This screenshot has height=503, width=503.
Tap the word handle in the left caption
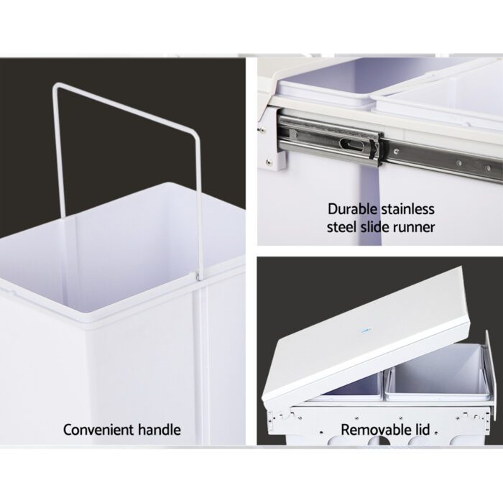(x=158, y=430)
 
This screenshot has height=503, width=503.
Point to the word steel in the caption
(x=343, y=227)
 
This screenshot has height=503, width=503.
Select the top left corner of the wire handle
(x=55, y=86)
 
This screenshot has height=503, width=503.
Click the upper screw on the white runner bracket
(x=264, y=130)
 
